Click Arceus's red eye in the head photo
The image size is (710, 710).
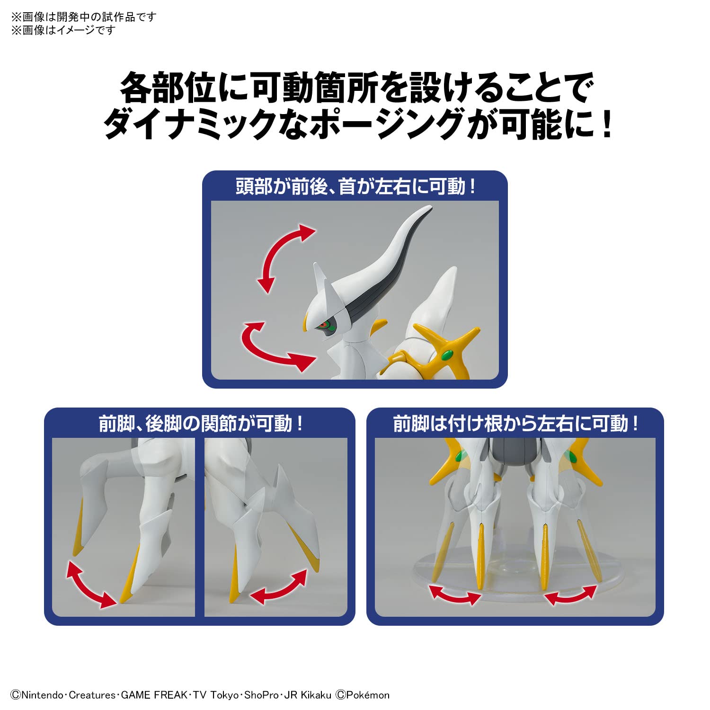pyautogui.click(x=324, y=325)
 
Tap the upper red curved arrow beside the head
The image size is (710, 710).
pyautogui.click(x=284, y=258)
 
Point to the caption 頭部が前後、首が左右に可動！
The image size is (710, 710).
pyautogui.click(x=355, y=186)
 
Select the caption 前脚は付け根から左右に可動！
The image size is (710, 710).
pyautogui.click(x=515, y=423)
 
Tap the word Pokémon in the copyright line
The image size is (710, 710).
pyautogui.click(x=368, y=695)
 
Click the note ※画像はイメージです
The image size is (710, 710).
pyautogui.click(x=63, y=30)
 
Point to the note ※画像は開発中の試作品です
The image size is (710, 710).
pyautogui.click(x=83, y=17)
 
